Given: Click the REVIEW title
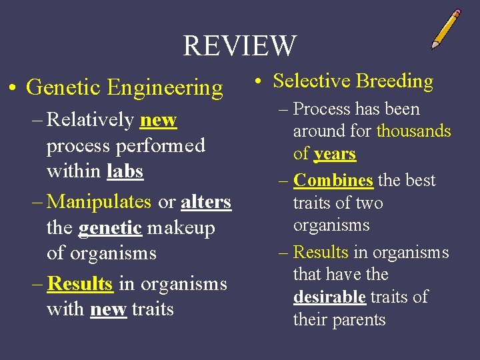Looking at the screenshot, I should [x=239, y=45].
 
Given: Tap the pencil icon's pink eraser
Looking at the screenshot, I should [x=455, y=14].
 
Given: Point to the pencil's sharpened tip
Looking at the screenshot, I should [x=433, y=47].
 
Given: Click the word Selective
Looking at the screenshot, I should [x=311, y=81].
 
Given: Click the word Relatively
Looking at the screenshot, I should [x=91, y=120].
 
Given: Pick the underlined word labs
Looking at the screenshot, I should [x=125, y=171].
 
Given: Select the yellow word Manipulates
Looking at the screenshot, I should [x=100, y=201].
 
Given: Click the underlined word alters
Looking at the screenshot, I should [x=206, y=201].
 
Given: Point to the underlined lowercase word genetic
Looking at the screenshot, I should [x=110, y=228].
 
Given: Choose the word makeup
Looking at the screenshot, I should [x=181, y=228].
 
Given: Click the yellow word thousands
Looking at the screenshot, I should [x=413, y=131].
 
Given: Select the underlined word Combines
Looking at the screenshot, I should [x=333, y=180].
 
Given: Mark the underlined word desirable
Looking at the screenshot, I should [x=329, y=297].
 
